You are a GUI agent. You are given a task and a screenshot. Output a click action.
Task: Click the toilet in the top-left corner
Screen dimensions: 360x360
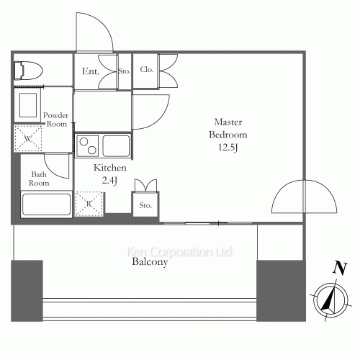(x=28, y=69)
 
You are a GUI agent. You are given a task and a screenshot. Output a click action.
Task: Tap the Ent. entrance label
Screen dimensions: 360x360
(x=90, y=71)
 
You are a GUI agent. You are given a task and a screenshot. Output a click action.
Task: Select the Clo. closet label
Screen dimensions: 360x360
(x=146, y=71)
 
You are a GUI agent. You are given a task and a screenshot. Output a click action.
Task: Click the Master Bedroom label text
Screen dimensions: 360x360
(x=228, y=128)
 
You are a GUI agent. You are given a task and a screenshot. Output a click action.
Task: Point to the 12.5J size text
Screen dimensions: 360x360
(x=228, y=148)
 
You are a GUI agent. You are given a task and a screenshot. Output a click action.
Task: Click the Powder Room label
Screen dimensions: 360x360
(x=55, y=120)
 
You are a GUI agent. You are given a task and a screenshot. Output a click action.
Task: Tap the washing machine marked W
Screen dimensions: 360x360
(x=27, y=138)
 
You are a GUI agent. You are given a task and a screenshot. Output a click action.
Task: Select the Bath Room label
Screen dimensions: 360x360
(x=40, y=179)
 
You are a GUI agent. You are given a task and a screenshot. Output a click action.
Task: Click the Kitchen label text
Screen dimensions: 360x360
(x=110, y=167)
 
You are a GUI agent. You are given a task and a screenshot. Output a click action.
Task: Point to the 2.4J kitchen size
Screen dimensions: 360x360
(x=110, y=180)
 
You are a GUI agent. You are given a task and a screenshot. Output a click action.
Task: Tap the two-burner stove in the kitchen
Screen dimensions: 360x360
(x=88, y=146)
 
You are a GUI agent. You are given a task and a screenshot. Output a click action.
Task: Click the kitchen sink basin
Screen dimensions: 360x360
(x=116, y=145)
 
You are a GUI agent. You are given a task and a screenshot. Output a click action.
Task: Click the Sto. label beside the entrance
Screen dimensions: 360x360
(x=124, y=71)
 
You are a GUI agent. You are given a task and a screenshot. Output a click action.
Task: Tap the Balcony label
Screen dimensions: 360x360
(x=150, y=263)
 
